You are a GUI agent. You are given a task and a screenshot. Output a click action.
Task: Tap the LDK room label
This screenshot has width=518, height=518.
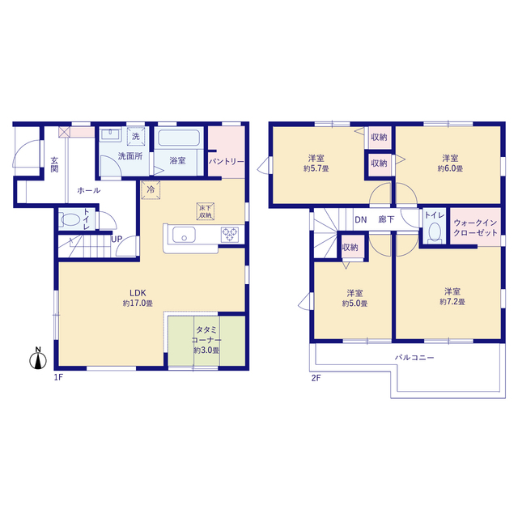coord(138,293)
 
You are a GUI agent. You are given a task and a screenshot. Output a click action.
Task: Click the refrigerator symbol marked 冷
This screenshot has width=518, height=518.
coord(151,190)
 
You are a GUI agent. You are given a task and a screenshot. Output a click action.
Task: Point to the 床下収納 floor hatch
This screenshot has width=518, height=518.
coord(205,211)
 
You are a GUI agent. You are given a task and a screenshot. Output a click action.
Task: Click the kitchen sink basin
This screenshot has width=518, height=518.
coord(184,235)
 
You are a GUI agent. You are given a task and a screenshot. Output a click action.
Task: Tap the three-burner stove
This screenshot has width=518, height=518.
coord(230,235)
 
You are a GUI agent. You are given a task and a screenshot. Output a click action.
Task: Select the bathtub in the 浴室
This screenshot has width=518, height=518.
coord(179,138)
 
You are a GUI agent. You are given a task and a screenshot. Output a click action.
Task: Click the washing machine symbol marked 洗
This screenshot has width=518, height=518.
coord(136,136)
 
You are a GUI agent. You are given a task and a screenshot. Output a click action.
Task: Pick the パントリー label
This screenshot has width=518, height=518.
coord(227,162)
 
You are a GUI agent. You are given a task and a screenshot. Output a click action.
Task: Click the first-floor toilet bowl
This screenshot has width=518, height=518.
coord(70,219)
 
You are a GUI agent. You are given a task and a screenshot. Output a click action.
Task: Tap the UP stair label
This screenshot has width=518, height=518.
coord(117,239)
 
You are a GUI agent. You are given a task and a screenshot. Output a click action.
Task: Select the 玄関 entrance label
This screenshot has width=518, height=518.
coord(54,164)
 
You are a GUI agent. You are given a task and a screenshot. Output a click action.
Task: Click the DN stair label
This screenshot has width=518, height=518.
coord(361,219)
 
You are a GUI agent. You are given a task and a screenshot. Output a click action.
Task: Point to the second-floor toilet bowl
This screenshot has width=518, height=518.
coord(435,231)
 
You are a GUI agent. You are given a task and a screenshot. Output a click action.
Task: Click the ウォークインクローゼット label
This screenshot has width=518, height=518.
coord(475,228)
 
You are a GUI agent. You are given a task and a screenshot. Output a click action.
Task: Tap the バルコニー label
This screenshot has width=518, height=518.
coord(414,358)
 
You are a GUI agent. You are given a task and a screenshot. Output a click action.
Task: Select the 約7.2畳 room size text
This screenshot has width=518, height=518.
coord(452,302)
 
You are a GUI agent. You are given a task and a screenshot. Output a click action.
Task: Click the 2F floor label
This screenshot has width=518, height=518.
coord(316,378)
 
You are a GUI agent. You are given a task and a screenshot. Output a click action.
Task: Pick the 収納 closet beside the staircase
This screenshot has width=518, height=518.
coord(353,246)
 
